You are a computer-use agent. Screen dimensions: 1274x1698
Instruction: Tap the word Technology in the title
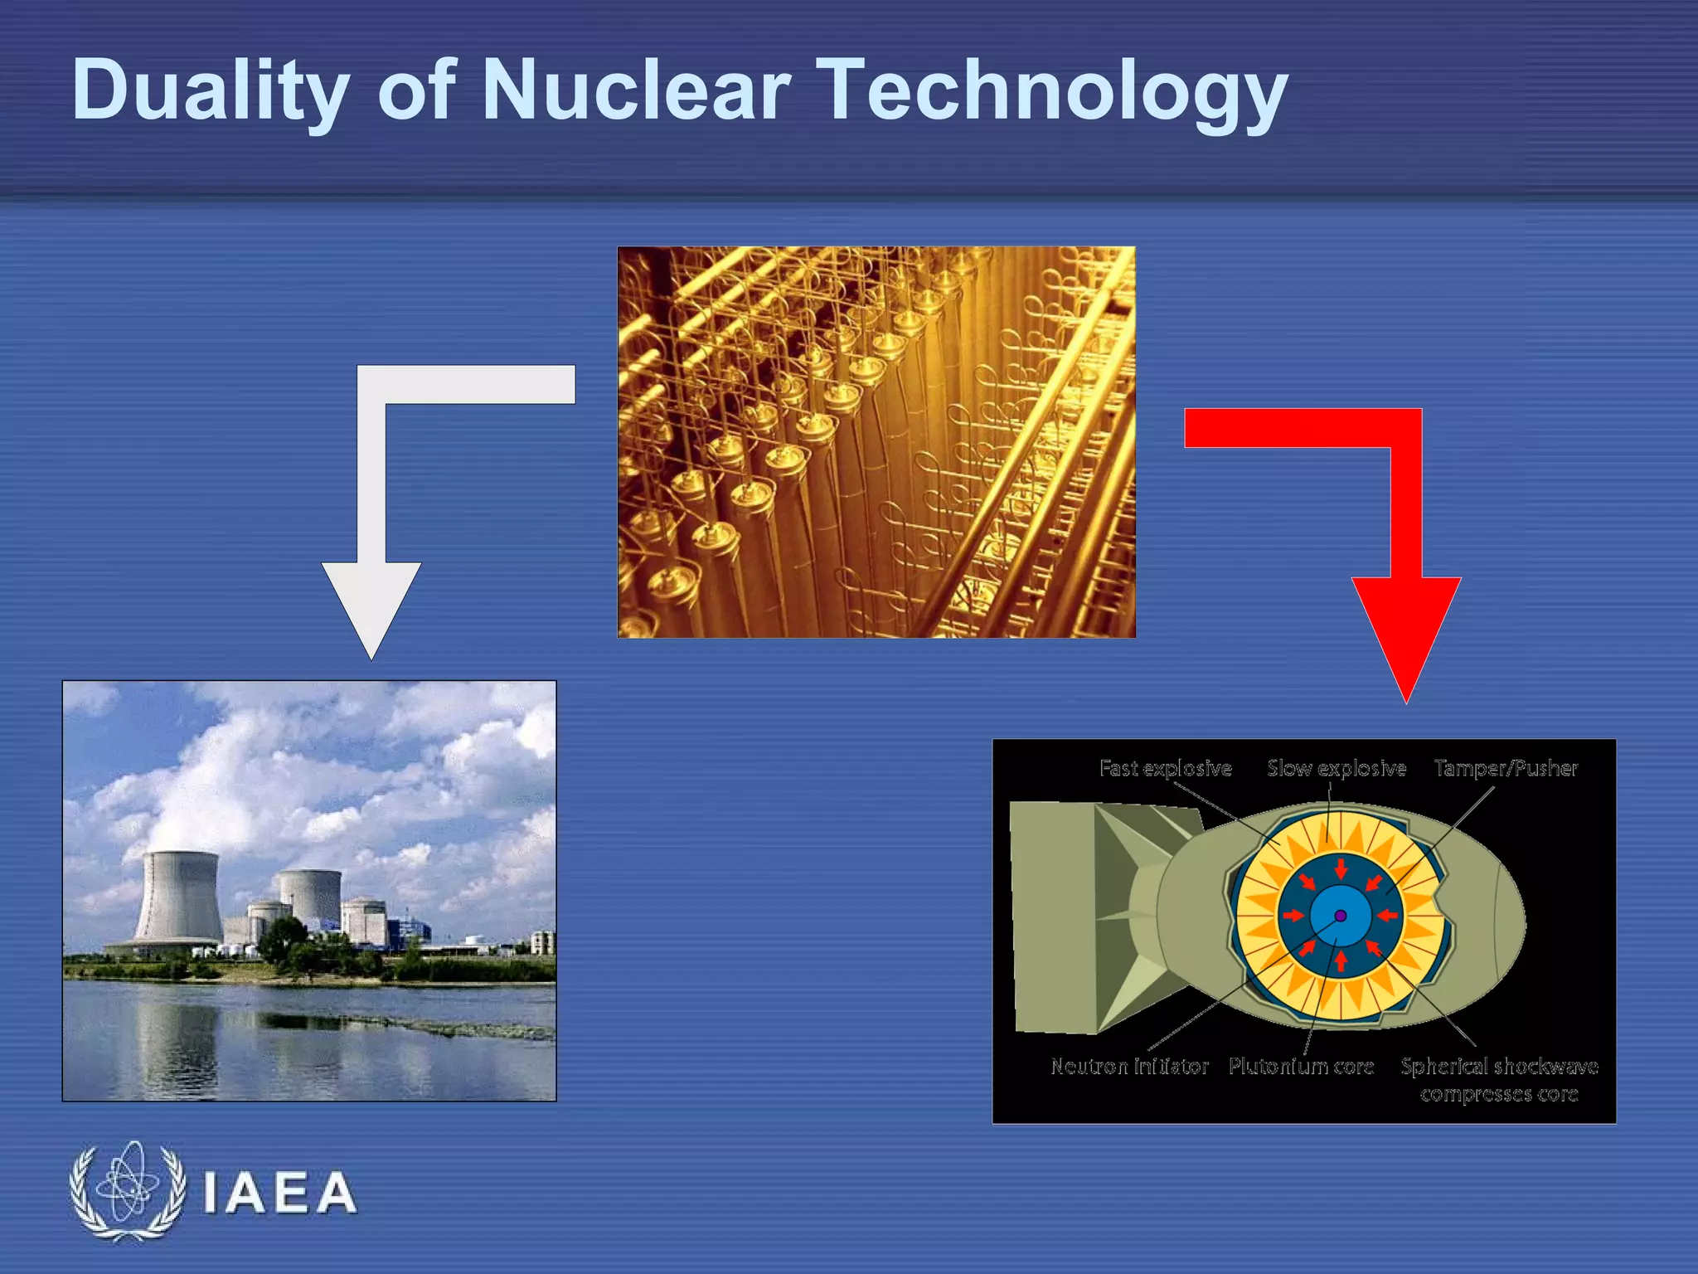(x=1053, y=91)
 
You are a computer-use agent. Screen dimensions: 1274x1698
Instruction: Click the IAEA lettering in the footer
(x=279, y=1194)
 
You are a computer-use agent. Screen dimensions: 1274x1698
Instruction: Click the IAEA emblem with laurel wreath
(x=128, y=1191)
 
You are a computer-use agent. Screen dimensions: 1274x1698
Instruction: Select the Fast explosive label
(x=1165, y=768)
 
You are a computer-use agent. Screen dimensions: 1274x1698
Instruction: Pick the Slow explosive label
(x=1337, y=768)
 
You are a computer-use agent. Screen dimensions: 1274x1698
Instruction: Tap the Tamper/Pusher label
(x=1506, y=768)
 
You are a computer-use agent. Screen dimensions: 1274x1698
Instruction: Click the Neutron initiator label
(x=1129, y=1066)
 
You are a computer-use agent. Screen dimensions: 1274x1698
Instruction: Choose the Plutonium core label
(x=1301, y=1066)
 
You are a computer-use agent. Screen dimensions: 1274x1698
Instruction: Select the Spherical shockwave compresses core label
(x=1499, y=1079)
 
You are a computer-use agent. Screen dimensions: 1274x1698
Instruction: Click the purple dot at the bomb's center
(x=1341, y=916)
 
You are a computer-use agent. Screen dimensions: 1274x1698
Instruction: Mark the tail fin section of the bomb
(x=1078, y=917)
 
